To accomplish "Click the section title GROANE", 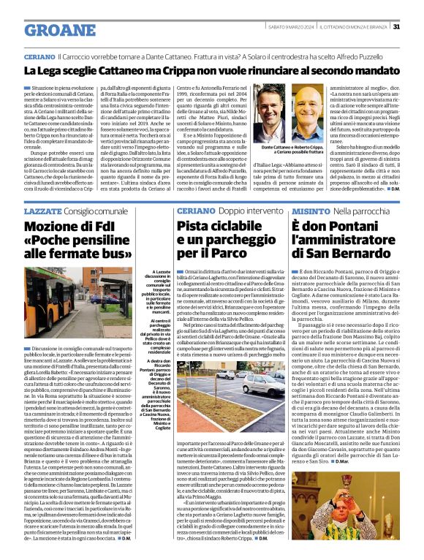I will click(60, 30).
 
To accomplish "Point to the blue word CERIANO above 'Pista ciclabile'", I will click(174, 189).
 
